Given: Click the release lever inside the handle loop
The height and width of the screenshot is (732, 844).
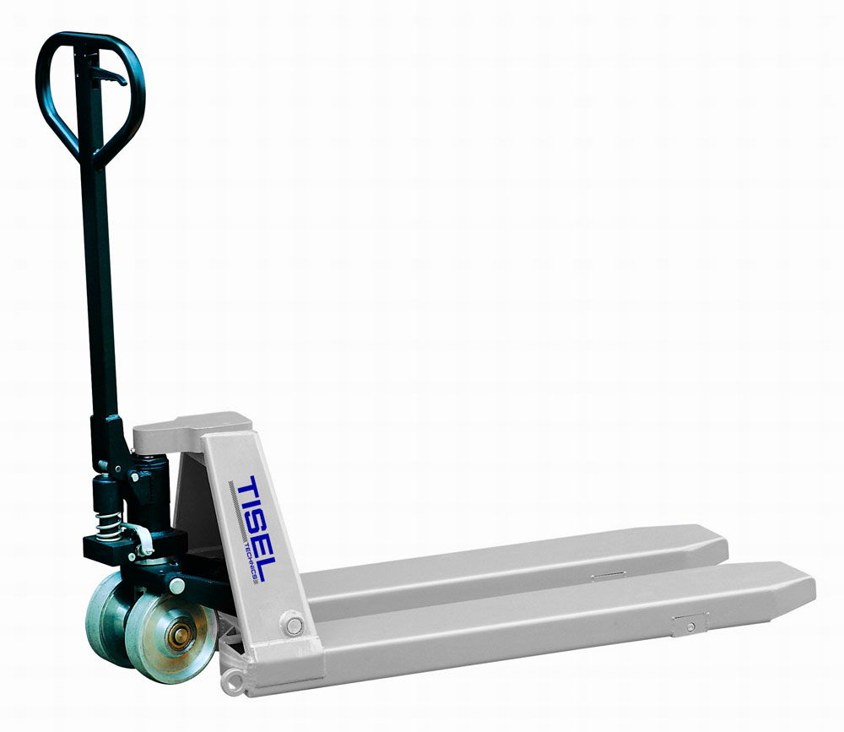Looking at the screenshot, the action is coord(111,75).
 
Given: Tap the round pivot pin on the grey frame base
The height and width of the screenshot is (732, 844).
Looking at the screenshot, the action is coord(294,626).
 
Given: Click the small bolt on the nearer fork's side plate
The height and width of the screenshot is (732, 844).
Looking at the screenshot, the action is coord(690,626).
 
